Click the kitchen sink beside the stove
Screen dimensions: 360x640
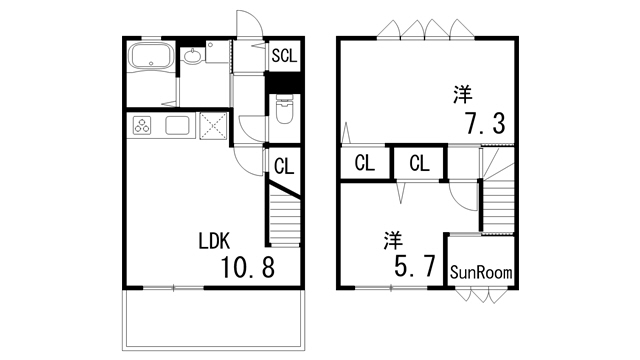point(177,126)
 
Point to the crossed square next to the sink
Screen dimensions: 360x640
point(214,126)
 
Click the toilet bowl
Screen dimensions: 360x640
point(284,112)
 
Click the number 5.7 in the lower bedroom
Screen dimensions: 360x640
point(412,266)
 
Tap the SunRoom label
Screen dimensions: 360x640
point(480,271)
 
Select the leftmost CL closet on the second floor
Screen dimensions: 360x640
point(364,163)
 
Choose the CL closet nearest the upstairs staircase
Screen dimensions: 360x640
point(418,163)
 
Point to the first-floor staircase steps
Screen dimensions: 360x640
point(283,218)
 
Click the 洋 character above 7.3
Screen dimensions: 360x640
point(461,96)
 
